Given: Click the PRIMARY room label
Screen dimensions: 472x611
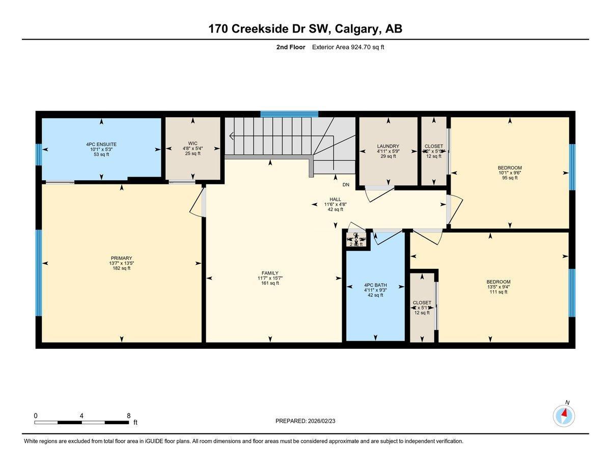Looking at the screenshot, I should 121,258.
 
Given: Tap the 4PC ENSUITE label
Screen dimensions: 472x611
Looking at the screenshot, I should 101,144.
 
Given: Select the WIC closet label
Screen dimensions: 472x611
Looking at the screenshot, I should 192,144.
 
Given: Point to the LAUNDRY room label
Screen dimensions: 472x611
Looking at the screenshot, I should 388,146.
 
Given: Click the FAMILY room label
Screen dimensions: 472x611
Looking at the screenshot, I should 270,273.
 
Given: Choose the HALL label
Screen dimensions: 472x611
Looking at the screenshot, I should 335,200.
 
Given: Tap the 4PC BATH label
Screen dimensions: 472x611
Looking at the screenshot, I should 376,285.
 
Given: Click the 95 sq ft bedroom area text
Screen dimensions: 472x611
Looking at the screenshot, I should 510,178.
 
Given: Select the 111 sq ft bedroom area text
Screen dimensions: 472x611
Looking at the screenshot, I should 498,292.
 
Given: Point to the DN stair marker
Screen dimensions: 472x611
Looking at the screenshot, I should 346,185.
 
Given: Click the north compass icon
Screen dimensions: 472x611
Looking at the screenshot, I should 564,415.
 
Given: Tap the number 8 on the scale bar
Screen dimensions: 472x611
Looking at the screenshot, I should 129,415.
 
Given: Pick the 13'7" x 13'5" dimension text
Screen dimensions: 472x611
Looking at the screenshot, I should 121,263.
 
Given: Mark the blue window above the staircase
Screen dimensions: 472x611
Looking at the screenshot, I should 289,114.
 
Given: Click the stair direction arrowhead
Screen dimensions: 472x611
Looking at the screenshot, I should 232,136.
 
